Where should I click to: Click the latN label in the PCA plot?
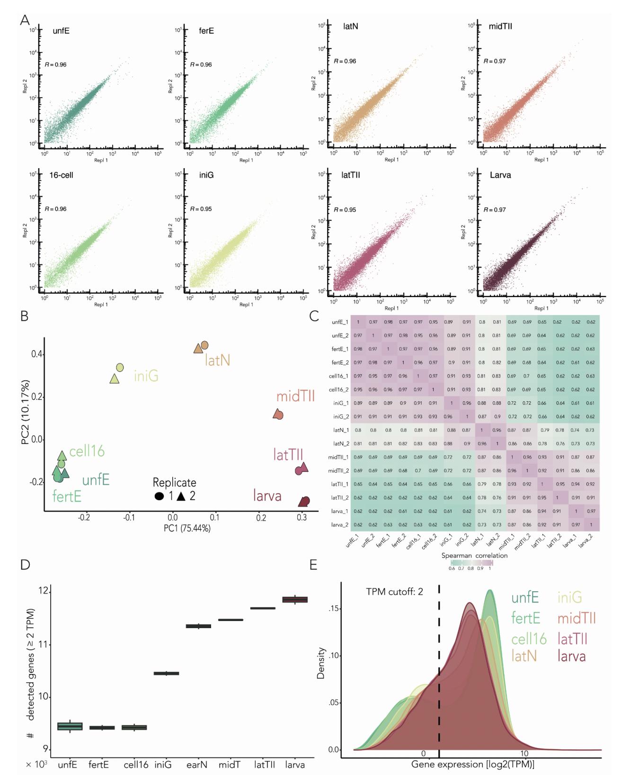coord(217,361)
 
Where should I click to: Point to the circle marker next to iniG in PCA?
coord(120,368)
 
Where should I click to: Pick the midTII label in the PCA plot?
coord(295,396)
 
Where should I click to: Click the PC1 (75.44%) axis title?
coord(187,528)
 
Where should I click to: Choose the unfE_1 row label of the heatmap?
coord(340,322)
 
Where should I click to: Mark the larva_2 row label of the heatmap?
coord(339,525)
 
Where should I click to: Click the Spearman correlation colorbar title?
coord(474,555)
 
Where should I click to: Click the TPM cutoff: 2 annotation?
coord(394,592)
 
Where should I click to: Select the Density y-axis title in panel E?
coord(321,663)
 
